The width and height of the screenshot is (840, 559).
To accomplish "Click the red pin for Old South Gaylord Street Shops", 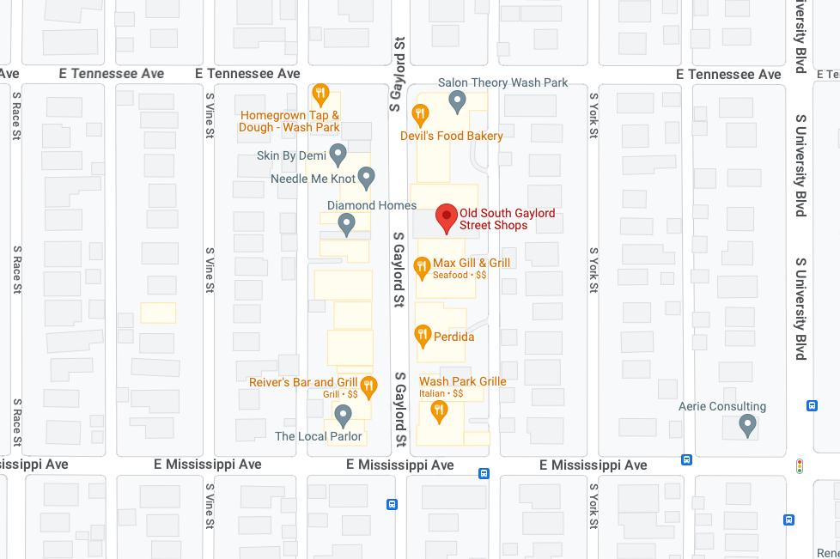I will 446,218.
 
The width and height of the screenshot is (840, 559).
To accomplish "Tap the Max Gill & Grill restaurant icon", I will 422,267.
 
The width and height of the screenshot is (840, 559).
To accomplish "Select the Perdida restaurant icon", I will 422,336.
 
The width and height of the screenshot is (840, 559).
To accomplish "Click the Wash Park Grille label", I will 462,381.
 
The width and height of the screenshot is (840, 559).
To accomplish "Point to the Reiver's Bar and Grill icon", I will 368,386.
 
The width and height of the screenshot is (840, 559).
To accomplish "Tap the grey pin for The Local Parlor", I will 343,416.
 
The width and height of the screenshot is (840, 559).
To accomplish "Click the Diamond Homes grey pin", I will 346,224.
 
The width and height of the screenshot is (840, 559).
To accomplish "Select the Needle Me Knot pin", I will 367,178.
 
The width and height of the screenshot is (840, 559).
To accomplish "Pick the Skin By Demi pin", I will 338,155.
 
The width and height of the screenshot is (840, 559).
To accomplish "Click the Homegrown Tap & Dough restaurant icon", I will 320,94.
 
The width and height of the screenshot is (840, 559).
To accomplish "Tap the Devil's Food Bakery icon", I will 420,113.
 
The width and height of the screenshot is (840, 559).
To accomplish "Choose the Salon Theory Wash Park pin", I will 457,102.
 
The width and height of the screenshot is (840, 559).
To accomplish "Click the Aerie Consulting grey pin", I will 747,424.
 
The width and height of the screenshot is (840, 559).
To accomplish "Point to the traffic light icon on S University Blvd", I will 800,466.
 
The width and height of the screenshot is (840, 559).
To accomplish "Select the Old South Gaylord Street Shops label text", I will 507,219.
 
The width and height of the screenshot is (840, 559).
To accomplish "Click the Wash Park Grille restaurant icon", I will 439,412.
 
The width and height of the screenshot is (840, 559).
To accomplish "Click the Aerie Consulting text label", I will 721,406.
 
